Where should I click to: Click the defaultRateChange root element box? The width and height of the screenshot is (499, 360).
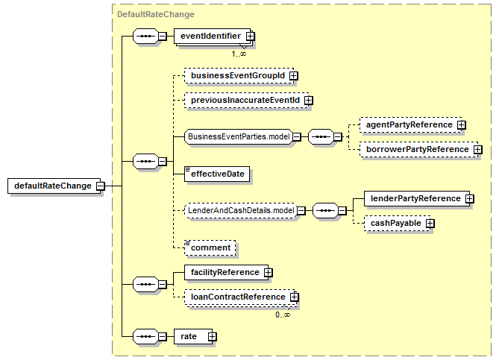point(51,186)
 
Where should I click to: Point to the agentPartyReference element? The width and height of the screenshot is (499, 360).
point(409,124)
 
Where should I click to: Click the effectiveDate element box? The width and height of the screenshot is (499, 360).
point(218,174)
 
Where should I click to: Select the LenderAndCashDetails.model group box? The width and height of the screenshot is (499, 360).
point(240,211)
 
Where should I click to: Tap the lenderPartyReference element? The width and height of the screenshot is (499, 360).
point(415,198)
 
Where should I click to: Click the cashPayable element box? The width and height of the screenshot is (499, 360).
point(392,223)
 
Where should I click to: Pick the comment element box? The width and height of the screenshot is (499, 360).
point(210,247)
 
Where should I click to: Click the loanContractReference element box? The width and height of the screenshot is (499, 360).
point(233,297)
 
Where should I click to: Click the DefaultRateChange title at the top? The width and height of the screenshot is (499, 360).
point(155,14)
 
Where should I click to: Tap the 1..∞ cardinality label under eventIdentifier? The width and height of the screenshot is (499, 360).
point(239,53)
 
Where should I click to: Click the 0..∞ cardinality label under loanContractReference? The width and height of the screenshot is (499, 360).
point(282,315)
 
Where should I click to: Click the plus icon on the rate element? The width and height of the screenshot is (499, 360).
point(213,337)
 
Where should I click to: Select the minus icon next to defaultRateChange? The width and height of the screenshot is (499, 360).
point(100,186)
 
